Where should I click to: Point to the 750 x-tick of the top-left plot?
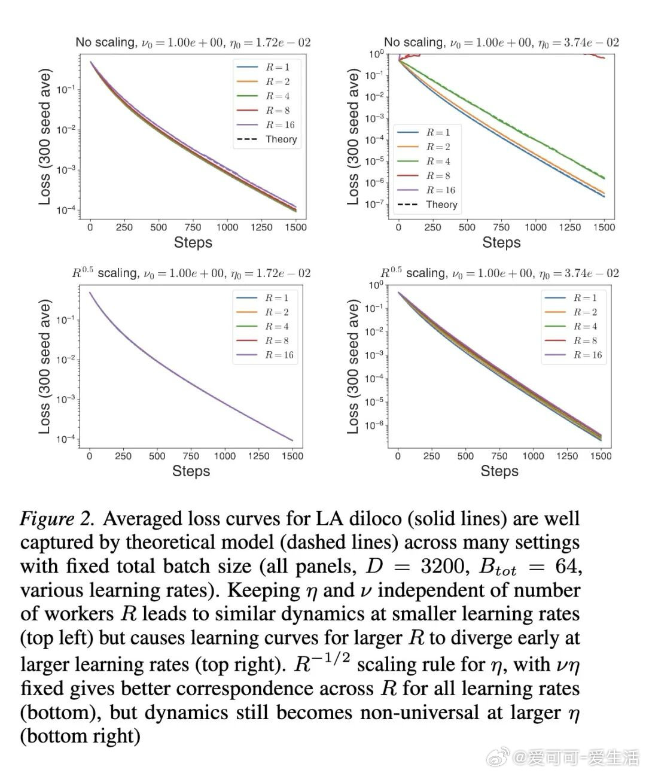click(x=193, y=227)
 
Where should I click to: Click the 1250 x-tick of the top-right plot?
click(x=569, y=227)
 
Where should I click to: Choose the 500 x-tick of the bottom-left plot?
click(x=157, y=456)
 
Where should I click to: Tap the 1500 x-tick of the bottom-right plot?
click(x=601, y=456)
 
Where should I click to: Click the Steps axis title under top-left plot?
click(x=193, y=242)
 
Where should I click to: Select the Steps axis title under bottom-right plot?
click(x=499, y=471)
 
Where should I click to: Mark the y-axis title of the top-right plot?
click(x=353, y=138)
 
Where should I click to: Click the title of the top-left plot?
click(x=193, y=42)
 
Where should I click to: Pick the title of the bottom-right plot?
click(x=499, y=273)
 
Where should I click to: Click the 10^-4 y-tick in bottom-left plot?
click(x=65, y=440)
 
